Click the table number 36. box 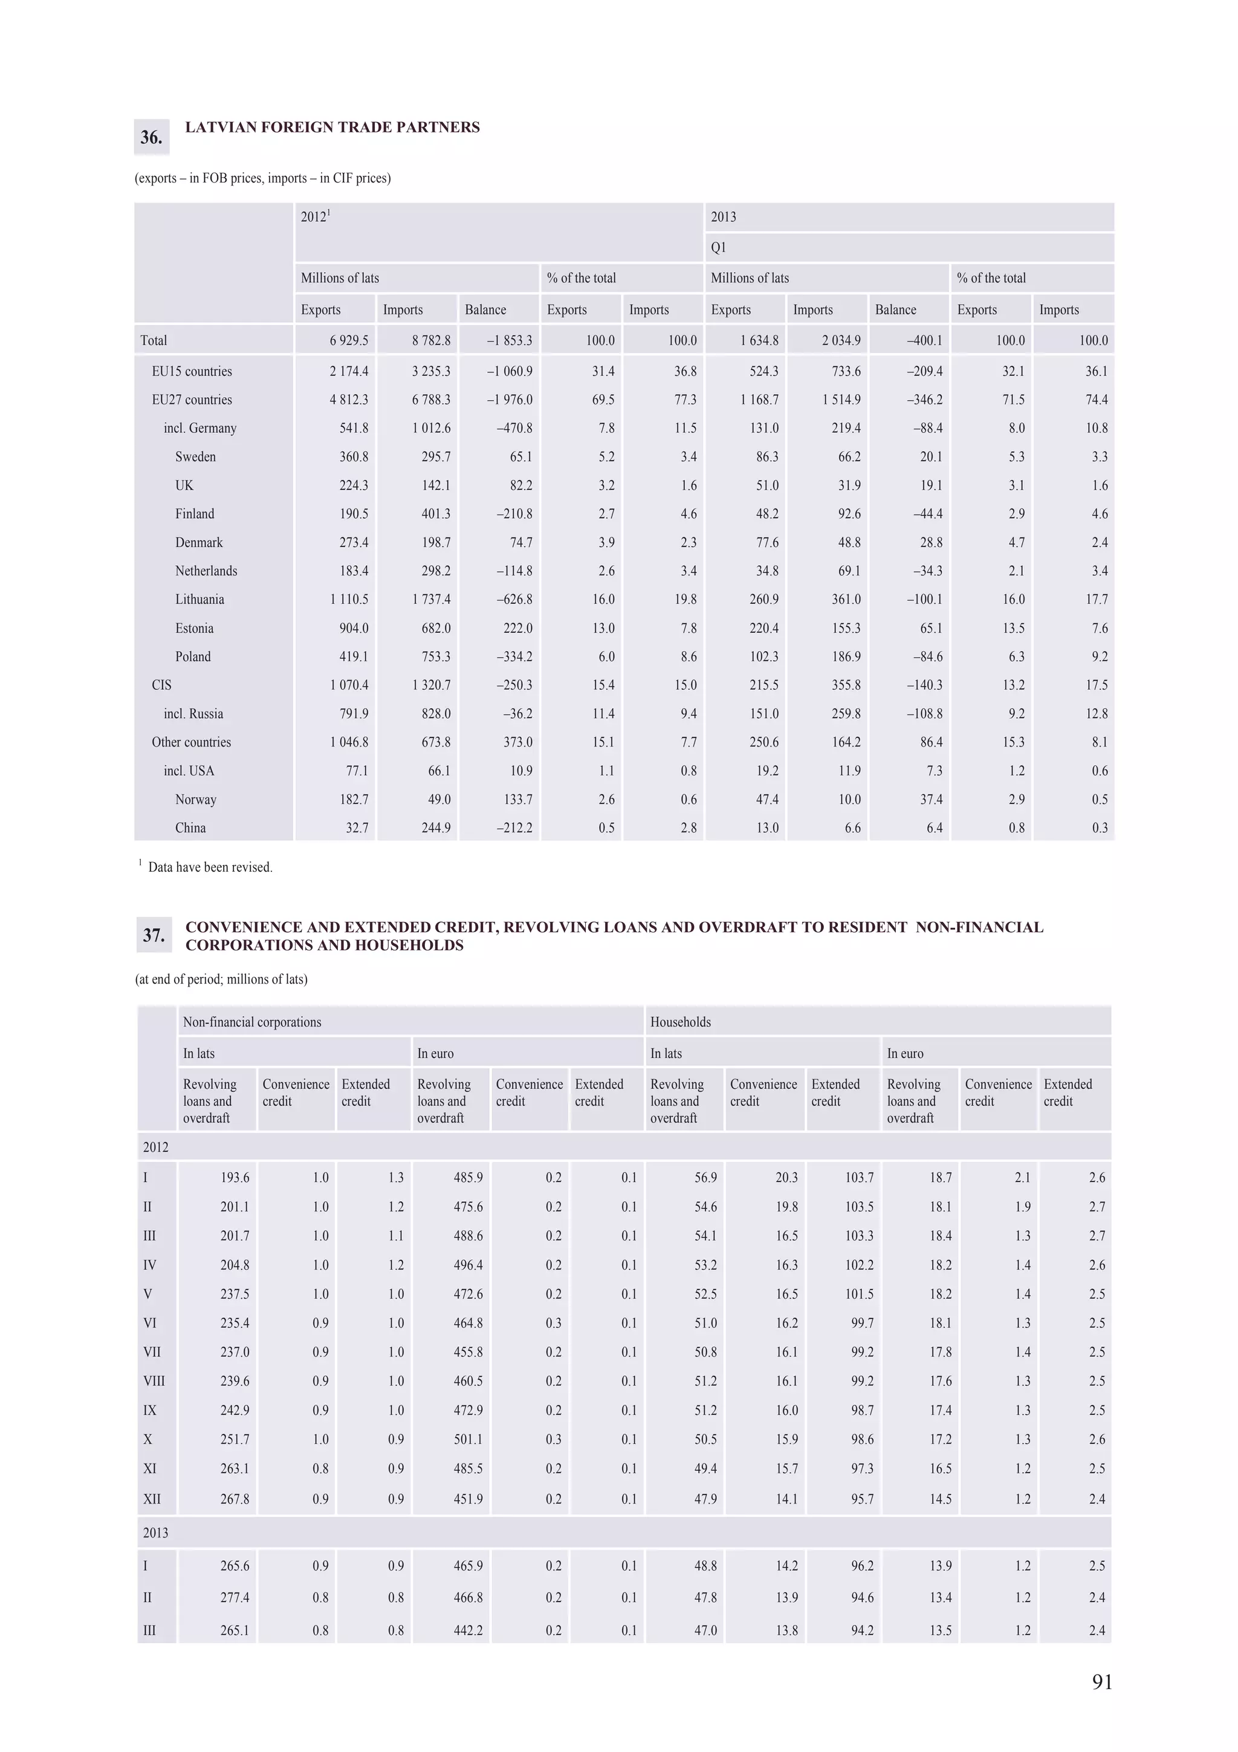coord(151,137)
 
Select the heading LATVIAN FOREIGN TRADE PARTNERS coord(332,128)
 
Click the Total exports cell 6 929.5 coord(349,340)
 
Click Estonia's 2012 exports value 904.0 coord(353,628)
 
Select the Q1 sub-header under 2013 coord(719,247)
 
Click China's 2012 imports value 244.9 coord(436,828)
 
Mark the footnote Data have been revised coord(210,867)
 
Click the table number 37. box coord(154,935)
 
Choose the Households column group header coord(681,1022)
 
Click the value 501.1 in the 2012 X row coord(468,1439)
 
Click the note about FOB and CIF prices coord(262,178)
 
